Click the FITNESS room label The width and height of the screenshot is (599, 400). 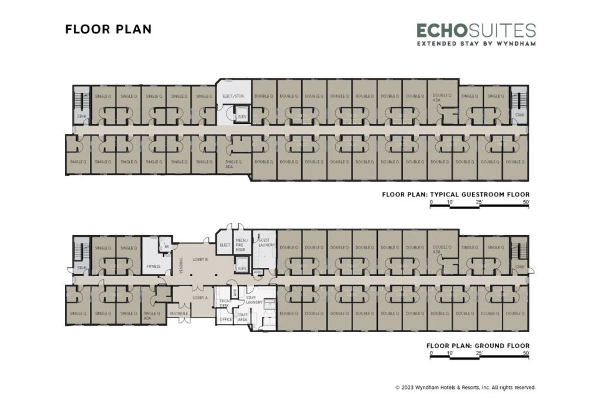pos(153,266)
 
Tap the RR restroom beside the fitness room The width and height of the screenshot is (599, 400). pos(167,247)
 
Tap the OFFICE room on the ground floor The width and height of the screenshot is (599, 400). pos(225,320)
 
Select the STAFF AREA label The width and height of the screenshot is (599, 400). pos(242,318)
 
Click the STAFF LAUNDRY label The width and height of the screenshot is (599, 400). pos(254,300)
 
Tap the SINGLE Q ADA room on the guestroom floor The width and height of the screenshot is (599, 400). pos(233,164)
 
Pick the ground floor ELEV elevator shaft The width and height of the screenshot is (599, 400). pos(242,268)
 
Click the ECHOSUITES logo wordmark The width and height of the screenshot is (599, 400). pos(476,30)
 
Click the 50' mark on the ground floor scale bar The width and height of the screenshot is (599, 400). pos(526,353)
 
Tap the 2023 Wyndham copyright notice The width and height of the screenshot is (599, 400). pos(465,387)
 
